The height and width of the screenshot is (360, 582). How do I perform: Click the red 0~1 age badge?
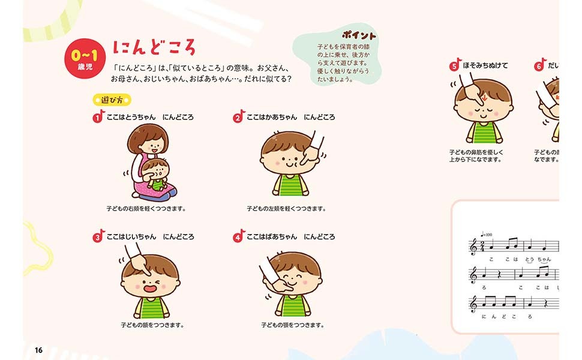(x=80, y=61)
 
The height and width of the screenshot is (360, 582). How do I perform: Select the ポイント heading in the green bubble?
(x=359, y=35)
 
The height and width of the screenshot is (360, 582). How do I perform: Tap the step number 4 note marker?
(x=238, y=237)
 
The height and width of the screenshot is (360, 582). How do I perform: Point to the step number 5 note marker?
(x=455, y=66)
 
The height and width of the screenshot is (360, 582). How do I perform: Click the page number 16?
(x=38, y=350)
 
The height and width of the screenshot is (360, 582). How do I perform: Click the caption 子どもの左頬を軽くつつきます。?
(x=286, y=209)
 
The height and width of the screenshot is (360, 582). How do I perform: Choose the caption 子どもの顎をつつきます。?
(x=292, y=325)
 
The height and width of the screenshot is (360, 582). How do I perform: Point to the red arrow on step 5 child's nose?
(x=484, y=99)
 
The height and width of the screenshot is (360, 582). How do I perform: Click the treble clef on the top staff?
(x=473, y=246)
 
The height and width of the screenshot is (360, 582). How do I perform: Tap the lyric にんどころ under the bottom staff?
(x=506, y=316)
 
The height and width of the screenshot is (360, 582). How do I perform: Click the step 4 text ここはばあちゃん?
(x=272, y=237)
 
